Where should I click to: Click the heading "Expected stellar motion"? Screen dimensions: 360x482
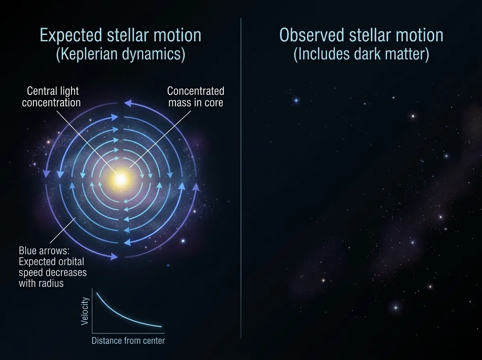point(120,36)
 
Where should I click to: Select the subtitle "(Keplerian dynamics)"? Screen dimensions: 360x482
point(120,54)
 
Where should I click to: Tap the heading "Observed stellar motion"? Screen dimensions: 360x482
point(361,36)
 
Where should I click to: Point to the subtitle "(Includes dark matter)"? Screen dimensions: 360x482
point(361,54)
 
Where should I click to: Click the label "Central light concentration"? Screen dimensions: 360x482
point(51,97)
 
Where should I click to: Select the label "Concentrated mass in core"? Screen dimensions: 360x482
point(196,97)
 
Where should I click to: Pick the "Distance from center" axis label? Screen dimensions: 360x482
point(129,341)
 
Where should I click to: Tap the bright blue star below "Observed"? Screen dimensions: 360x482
point(296,100)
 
